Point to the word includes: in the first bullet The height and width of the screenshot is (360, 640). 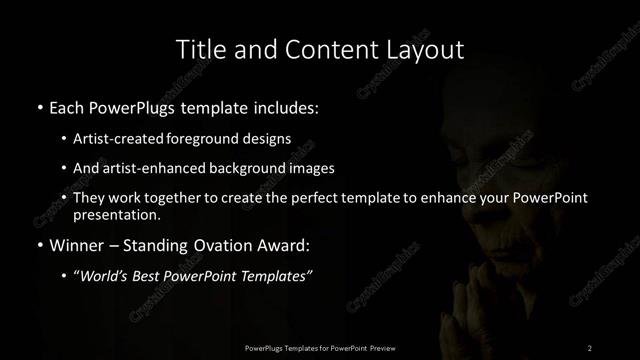(x=285, y=105)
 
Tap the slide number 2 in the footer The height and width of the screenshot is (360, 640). (x=590, y=347)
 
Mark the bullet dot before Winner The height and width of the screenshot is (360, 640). (x=39, y=243)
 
